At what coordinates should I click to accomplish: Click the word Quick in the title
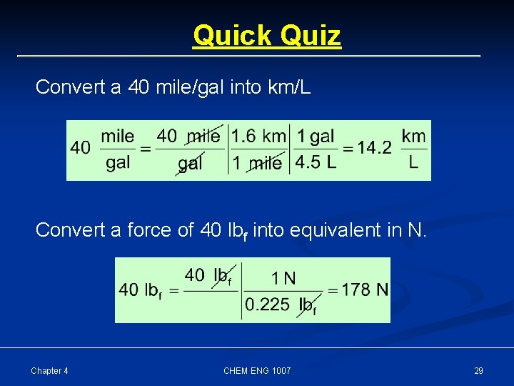[228, 35]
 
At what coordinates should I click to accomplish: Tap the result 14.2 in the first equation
[374, 148]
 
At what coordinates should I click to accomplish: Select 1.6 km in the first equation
[258, 136]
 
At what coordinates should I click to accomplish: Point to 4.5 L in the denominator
[316, 163]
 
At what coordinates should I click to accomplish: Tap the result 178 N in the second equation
[365, 289]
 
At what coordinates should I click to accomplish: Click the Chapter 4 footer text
[50, 370]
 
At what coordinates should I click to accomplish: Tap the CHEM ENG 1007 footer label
[257, 370]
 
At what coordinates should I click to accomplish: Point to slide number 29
[478, 370]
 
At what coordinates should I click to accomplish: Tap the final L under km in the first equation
[413, 163]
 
